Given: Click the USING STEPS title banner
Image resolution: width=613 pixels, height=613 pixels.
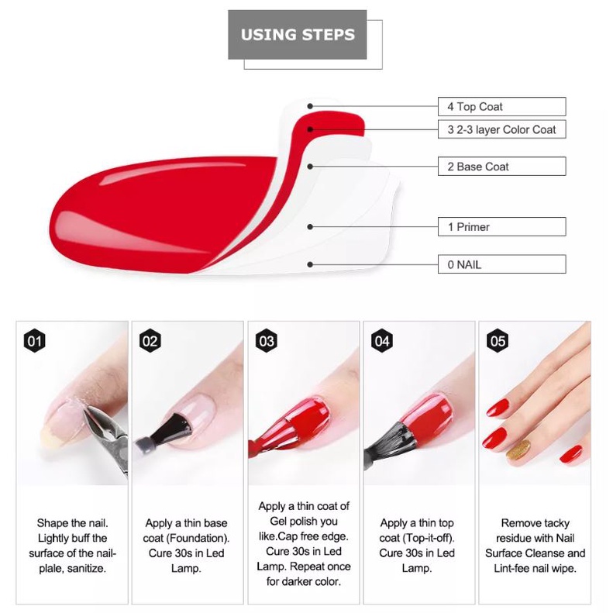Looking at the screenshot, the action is (x=297, y=35).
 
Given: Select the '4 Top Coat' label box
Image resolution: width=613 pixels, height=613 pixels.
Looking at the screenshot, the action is (x=501, y=106).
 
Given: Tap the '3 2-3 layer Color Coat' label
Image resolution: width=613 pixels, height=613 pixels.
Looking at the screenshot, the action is (x=501, y=129).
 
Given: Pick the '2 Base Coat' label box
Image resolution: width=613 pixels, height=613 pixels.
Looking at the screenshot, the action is (x=501, y=166).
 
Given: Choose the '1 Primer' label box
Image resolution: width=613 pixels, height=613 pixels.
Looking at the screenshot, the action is (x=501, y=226).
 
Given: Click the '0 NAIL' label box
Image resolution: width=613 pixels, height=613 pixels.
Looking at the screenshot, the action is (x=501, y=264).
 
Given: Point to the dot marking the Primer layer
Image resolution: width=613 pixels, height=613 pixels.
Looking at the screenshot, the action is (x=310, y=227).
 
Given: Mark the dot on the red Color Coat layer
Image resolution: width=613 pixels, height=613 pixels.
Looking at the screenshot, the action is (x=310, y=129).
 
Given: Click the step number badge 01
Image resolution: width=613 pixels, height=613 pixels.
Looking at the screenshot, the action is (x=34, y=341).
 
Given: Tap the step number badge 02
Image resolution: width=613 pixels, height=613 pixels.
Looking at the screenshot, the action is (x=150, y=341).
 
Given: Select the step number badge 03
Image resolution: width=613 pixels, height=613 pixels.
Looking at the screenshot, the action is (x=267, y=341).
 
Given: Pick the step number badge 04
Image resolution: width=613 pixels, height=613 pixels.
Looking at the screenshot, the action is (x=382, y=341).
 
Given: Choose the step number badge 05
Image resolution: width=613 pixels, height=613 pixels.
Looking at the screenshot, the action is (x=498, y=341).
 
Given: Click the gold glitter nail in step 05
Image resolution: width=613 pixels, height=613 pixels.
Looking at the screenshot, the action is (x=518, y=449).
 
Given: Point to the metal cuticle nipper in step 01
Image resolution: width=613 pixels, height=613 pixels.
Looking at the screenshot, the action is (x=105, y=436).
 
